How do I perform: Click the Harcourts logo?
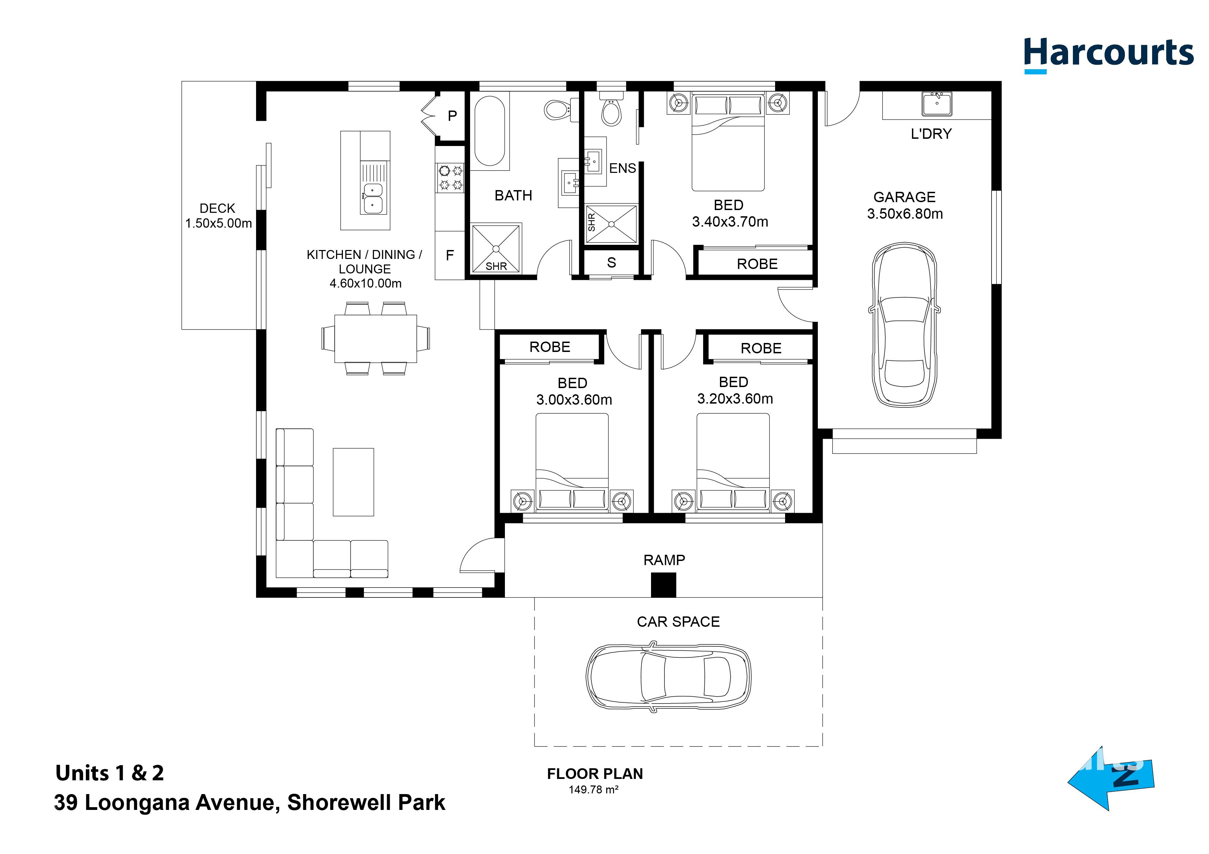1108,55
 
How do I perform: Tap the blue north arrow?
1111,779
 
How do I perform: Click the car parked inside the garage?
905,324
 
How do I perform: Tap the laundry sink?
937,104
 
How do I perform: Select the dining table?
375,339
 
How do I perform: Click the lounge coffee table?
353,482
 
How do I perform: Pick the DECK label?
217,208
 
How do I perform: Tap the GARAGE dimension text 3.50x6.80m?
905,213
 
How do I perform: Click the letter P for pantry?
452,116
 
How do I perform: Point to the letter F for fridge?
450,256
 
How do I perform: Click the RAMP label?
664,560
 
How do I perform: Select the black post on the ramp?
663,585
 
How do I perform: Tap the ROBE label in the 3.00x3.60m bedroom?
550,347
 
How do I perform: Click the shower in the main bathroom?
496,248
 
